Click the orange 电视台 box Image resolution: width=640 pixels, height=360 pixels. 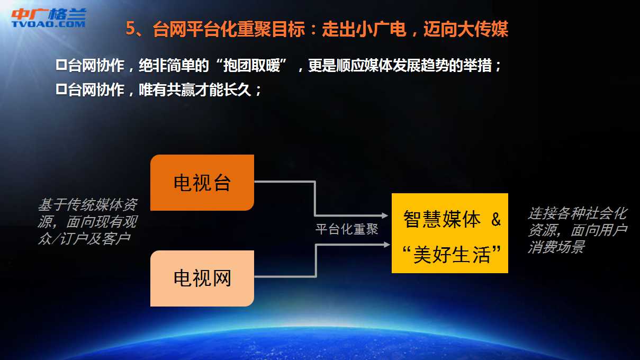pyautogui.click(x=202, y=183)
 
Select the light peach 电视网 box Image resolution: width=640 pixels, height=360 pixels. pyautogui.click(x=202, y=278)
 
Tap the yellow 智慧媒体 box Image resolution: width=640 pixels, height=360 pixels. pyautogui.click(x=450, y=233)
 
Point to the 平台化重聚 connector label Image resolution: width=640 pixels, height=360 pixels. pyautogui.click(x=347, y=229)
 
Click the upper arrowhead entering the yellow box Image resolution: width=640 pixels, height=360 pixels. pyautogui.click(x=384, y=215)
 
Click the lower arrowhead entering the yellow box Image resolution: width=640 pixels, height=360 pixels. pyautogui.click(x=386, y=245)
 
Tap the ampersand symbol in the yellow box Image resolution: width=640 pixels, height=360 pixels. pyautogui.click(x=496, y=219)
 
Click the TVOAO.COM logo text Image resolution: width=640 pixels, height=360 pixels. pyautogui.click(x=48, y=24)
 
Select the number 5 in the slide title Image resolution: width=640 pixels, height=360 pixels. pyautogui.click(x=130, y=29)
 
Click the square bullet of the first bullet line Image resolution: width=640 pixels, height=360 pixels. pyautogui.click(x=61, y=65)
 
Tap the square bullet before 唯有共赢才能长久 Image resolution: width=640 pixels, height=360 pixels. pyautogui.click(x=61, y=89)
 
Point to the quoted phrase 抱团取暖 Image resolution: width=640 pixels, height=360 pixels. pyautogui.click(x=251, y=66)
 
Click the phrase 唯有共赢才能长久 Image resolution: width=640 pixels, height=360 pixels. pyautogui.click(x=195, y=89)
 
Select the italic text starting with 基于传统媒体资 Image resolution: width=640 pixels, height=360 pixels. pyautogui.click(x=88, y=221)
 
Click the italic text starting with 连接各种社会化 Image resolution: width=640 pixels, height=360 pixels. pyautogui.click(x=577, y=230)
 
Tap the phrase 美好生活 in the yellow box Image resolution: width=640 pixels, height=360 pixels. pyautogui.click(x=452, y=255)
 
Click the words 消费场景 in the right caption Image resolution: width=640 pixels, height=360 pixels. pyautogui.click(x=556, y=247)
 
